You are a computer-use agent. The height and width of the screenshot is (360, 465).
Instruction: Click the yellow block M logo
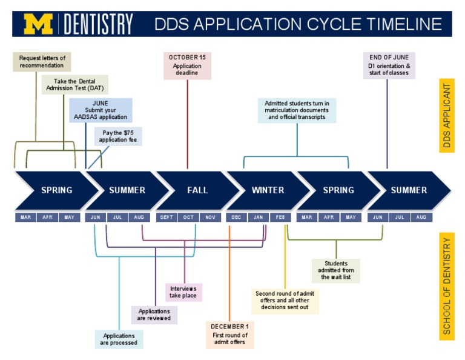click(39, 24)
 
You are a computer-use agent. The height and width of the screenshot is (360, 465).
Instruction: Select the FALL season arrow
click(197, 190)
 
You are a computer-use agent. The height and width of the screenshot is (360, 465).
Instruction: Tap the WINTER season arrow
click(268, 190)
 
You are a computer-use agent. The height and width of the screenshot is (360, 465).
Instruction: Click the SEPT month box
click(166, 217)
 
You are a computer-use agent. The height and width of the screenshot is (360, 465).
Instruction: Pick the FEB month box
click(280, 217)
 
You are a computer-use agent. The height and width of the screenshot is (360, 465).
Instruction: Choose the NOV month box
click(209, 217)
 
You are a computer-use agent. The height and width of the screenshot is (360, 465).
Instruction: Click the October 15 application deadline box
click(187, 65)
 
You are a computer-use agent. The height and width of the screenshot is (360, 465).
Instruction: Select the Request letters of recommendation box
click(41, 62)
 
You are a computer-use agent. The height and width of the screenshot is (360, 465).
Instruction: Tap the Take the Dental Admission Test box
click(75, 84)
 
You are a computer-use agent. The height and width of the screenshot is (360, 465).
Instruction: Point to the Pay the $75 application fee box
click(118, 136)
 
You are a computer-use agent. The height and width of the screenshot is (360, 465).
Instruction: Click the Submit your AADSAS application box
click(101, 110)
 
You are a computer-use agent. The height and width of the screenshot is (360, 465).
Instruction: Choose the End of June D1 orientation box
click(389, 65)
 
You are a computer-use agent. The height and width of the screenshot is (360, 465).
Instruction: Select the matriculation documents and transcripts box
click(297, 110)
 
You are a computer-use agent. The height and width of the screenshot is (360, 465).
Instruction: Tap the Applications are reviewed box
click(154, 315)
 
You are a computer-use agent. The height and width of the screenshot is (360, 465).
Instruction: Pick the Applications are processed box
click(119, 339)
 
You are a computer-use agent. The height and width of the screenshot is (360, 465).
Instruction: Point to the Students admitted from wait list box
click(335, 270)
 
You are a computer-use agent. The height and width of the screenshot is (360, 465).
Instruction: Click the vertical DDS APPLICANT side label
click(447, 116)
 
